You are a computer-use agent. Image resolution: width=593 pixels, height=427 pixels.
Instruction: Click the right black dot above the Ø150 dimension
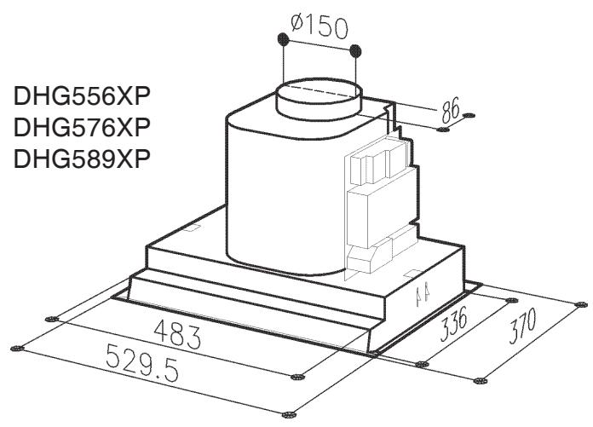pyautogui.click(x=355, y=49)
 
